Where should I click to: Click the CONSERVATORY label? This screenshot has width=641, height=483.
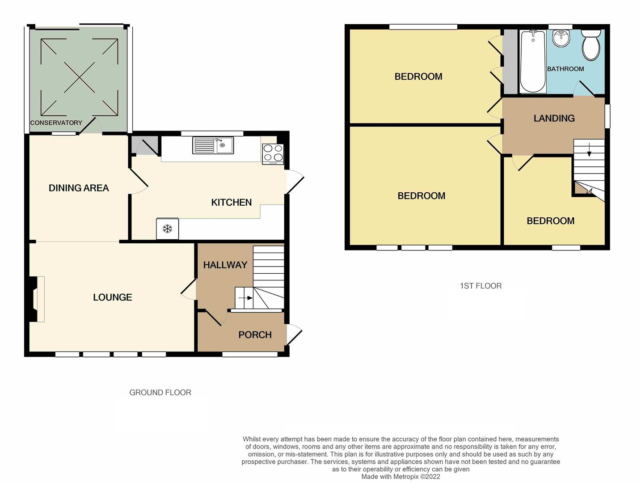[x=56, y=123]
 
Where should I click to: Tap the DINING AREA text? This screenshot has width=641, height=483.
[x=79, y=188]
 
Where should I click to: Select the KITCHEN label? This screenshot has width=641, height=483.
[x=231, y=203]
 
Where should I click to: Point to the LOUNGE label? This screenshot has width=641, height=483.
[x=112, y=297]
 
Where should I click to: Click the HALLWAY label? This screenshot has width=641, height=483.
[x=225, y=265]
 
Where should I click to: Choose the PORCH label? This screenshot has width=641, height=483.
[x=255, y=335]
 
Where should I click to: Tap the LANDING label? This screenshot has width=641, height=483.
[x=554, y=119]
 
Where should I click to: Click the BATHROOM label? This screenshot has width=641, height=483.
[x=565, y=69]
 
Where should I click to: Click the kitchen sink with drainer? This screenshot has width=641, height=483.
[x=213, y=145]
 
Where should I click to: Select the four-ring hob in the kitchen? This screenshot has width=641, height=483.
[x=273, y=153]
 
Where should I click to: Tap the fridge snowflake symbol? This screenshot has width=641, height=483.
[x=167, y=229]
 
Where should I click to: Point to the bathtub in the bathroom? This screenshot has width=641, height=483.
[x=532, y=61]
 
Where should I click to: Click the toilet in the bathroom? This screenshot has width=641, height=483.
[x=591, y=45]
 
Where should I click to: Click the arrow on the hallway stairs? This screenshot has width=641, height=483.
[x=245, y=298]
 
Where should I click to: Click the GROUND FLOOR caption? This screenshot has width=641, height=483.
[x=160, y=393]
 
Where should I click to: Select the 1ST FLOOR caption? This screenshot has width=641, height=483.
[x=481, y=286]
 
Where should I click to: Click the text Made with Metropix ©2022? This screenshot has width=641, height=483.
[x=401, y=477]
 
